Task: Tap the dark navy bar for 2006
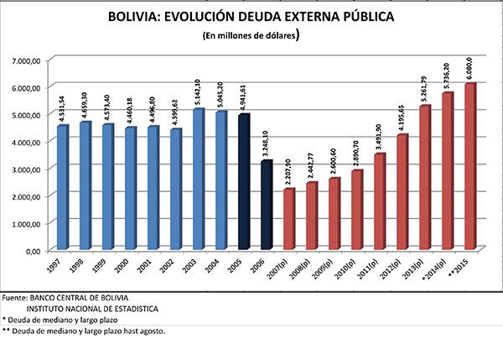(x=267, y=205)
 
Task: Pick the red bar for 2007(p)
(x=289, y=218)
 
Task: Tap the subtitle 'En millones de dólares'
(x=251, y=36)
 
